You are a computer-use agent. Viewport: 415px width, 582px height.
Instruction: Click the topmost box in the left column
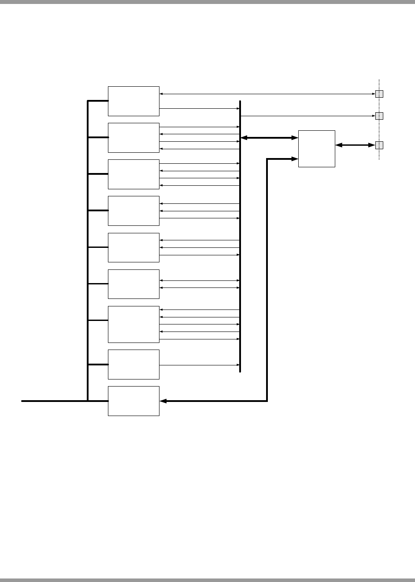tap(133, 101)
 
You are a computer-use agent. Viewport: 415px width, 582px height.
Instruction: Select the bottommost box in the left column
tap(133, 401)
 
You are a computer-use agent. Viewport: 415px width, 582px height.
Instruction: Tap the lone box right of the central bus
tap(316, 148)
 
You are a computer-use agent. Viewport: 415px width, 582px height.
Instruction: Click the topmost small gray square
tap(379, 94)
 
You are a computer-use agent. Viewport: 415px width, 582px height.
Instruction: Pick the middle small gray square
tap(379, 116)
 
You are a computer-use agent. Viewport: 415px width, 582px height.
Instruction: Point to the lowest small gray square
tap(379, 145)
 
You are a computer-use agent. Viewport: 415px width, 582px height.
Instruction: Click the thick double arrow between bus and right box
tap(269, 138)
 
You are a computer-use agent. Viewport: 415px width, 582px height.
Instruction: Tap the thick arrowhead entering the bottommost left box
tap(163, 401)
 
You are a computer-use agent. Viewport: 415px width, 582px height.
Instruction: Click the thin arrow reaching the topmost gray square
tap(264, 94)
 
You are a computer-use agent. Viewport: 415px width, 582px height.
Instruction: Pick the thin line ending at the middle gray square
tap(308, 116)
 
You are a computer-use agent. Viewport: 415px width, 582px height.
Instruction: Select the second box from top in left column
tap(133, 137)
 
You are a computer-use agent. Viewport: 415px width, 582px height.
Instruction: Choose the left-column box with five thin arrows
tap(133, 324)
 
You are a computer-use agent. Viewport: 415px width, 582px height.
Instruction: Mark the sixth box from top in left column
tap(133, 284)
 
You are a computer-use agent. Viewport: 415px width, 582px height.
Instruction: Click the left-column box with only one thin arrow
tap(133, 364)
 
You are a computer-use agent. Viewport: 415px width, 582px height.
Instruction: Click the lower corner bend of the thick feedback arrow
tap(267, 401)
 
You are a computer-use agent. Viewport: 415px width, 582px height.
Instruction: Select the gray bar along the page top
tap(207, 2)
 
